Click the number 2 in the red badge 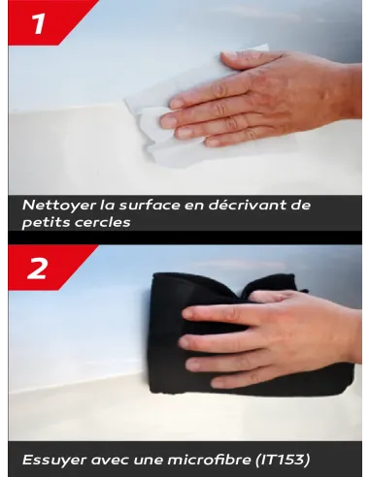37,269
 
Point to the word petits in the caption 45,222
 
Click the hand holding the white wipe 262,97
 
